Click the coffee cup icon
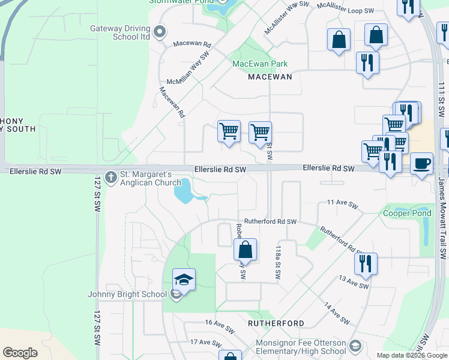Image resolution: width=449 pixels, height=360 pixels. pos(421,163)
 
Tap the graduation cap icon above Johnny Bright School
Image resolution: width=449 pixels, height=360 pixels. pos(184,280)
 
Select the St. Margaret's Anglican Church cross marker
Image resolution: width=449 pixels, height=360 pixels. pos(110,178)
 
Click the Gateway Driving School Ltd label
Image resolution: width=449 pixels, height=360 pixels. pos(120,32)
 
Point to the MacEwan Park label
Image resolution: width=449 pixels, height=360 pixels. pos(260,64)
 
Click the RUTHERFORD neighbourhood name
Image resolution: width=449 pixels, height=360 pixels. pos(276,323)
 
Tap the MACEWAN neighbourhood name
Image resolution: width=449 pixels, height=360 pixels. pos(270,77)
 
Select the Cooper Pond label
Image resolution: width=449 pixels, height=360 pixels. pos(407,214)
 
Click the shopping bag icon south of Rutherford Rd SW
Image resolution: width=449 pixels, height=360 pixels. pos(245,249)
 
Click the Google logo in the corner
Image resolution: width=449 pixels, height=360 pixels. pos(20,353)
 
